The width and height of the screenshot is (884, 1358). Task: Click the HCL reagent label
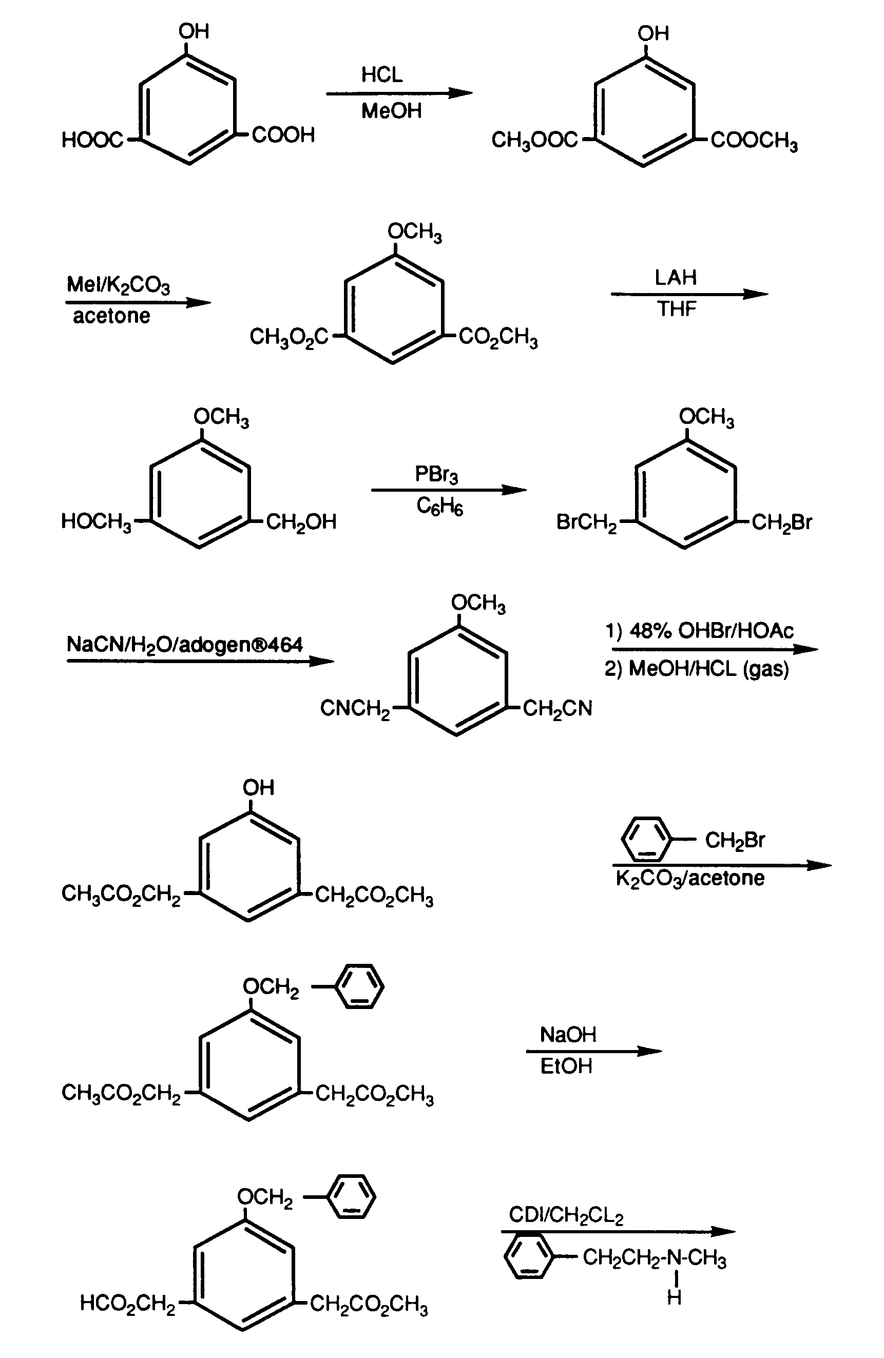382,75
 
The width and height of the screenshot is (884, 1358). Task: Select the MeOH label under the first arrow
392,111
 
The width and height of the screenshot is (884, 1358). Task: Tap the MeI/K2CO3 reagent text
118,285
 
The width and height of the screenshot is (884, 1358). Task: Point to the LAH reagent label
676,277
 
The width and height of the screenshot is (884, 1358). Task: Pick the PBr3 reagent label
436,474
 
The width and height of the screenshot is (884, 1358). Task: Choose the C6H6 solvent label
439,506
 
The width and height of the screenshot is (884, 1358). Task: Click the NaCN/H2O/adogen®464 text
185,645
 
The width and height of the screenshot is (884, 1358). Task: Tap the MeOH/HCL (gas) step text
709,668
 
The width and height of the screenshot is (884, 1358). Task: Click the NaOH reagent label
568,1035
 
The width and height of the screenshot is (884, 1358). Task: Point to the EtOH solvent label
566,1066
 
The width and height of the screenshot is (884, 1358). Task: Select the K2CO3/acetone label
690,878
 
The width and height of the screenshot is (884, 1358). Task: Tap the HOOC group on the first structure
92,140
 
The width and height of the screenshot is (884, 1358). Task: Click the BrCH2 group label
587,522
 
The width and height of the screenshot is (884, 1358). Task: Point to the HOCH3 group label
96,522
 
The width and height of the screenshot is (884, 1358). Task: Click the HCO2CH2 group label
128,1304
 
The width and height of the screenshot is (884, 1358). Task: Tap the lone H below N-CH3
674,1297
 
